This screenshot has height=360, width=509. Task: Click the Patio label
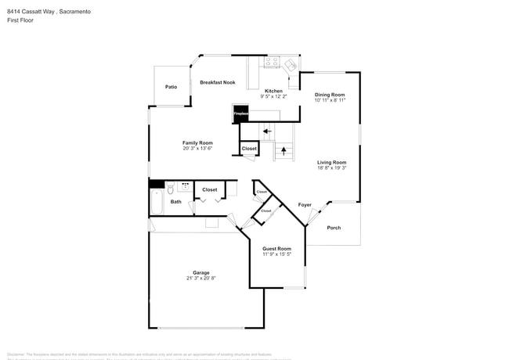pyautogui.click(x=171, y=87)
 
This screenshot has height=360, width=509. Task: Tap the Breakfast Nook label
pyautogui.click(x=217, y=82)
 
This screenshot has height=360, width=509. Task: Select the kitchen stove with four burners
pyautogui.click(x=272, y=62)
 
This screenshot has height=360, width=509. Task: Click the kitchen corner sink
pyautogui.click(x=291, y=64)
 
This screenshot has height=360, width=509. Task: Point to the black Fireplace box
pyautogui.click(x=240, y=114)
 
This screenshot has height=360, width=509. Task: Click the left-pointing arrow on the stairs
pyautogui.click(x=268, y=131)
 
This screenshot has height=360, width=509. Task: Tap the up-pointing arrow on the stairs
pyautogui.click(x=283, y=152)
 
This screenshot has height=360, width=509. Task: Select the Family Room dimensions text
pyautogui.click(x=197, y=148)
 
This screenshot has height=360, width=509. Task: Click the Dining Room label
pyautogui.click(x=330, y=95)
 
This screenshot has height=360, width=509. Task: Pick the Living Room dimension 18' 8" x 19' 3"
pyautogui.click(x=332, y=167)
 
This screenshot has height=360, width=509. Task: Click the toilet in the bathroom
pyautogui.click(x=170, y=188)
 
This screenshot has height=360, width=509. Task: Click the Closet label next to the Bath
pyautogui.click(x=210, y=189)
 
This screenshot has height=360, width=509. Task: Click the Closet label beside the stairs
pyautogui.click(x=249, y=148)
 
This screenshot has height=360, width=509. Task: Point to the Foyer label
pyautogui.click(x=305, y=205)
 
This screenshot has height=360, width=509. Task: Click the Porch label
pyautogui.click(x=334, y=228)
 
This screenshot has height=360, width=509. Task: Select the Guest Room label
pyautogui.click(x=276, y=248)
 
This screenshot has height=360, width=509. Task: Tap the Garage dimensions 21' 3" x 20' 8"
pyautogui.click(x=201, y=278)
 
